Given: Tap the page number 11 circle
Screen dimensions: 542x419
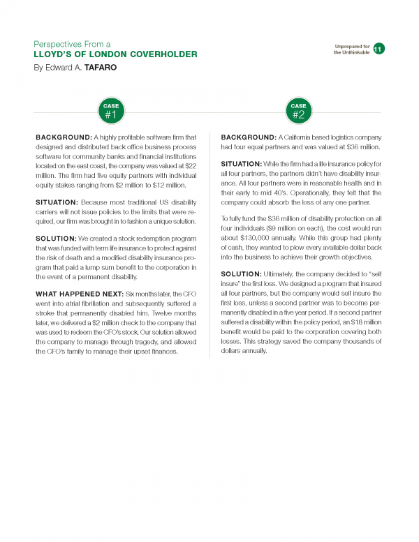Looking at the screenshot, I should pos(378,48).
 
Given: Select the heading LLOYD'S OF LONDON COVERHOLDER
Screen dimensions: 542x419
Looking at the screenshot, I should pos(115,54).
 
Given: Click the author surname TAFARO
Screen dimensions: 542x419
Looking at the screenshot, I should pos(103,68).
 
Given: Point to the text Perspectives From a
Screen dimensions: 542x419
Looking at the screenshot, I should pos(77,43).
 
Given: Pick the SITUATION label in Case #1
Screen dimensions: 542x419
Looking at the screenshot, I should pos(60,200).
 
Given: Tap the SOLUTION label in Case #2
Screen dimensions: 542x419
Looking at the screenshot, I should pos(242,273).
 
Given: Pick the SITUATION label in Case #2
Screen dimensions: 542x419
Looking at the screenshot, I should pos(243,163).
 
